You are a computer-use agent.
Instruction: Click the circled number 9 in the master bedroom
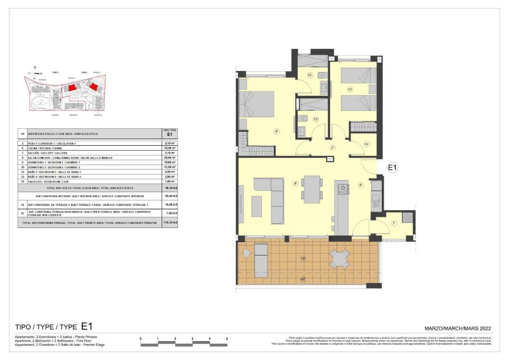point(276,131)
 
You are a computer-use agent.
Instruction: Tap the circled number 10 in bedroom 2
point(350,90)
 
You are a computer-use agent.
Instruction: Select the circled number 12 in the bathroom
point(309,75)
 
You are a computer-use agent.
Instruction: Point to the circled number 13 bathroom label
point(315,119)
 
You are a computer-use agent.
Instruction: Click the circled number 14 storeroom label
point(367,144)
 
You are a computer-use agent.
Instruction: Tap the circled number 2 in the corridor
point(332,147)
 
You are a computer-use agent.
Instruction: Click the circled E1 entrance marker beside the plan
point(392,168)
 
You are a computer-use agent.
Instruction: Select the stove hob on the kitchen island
point(343,189)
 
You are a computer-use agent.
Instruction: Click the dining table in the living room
point(312,189)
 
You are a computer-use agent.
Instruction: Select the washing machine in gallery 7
point(408,217)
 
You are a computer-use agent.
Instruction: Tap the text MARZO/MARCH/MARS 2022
point(458,328)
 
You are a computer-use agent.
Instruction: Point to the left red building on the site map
point(73,88)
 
